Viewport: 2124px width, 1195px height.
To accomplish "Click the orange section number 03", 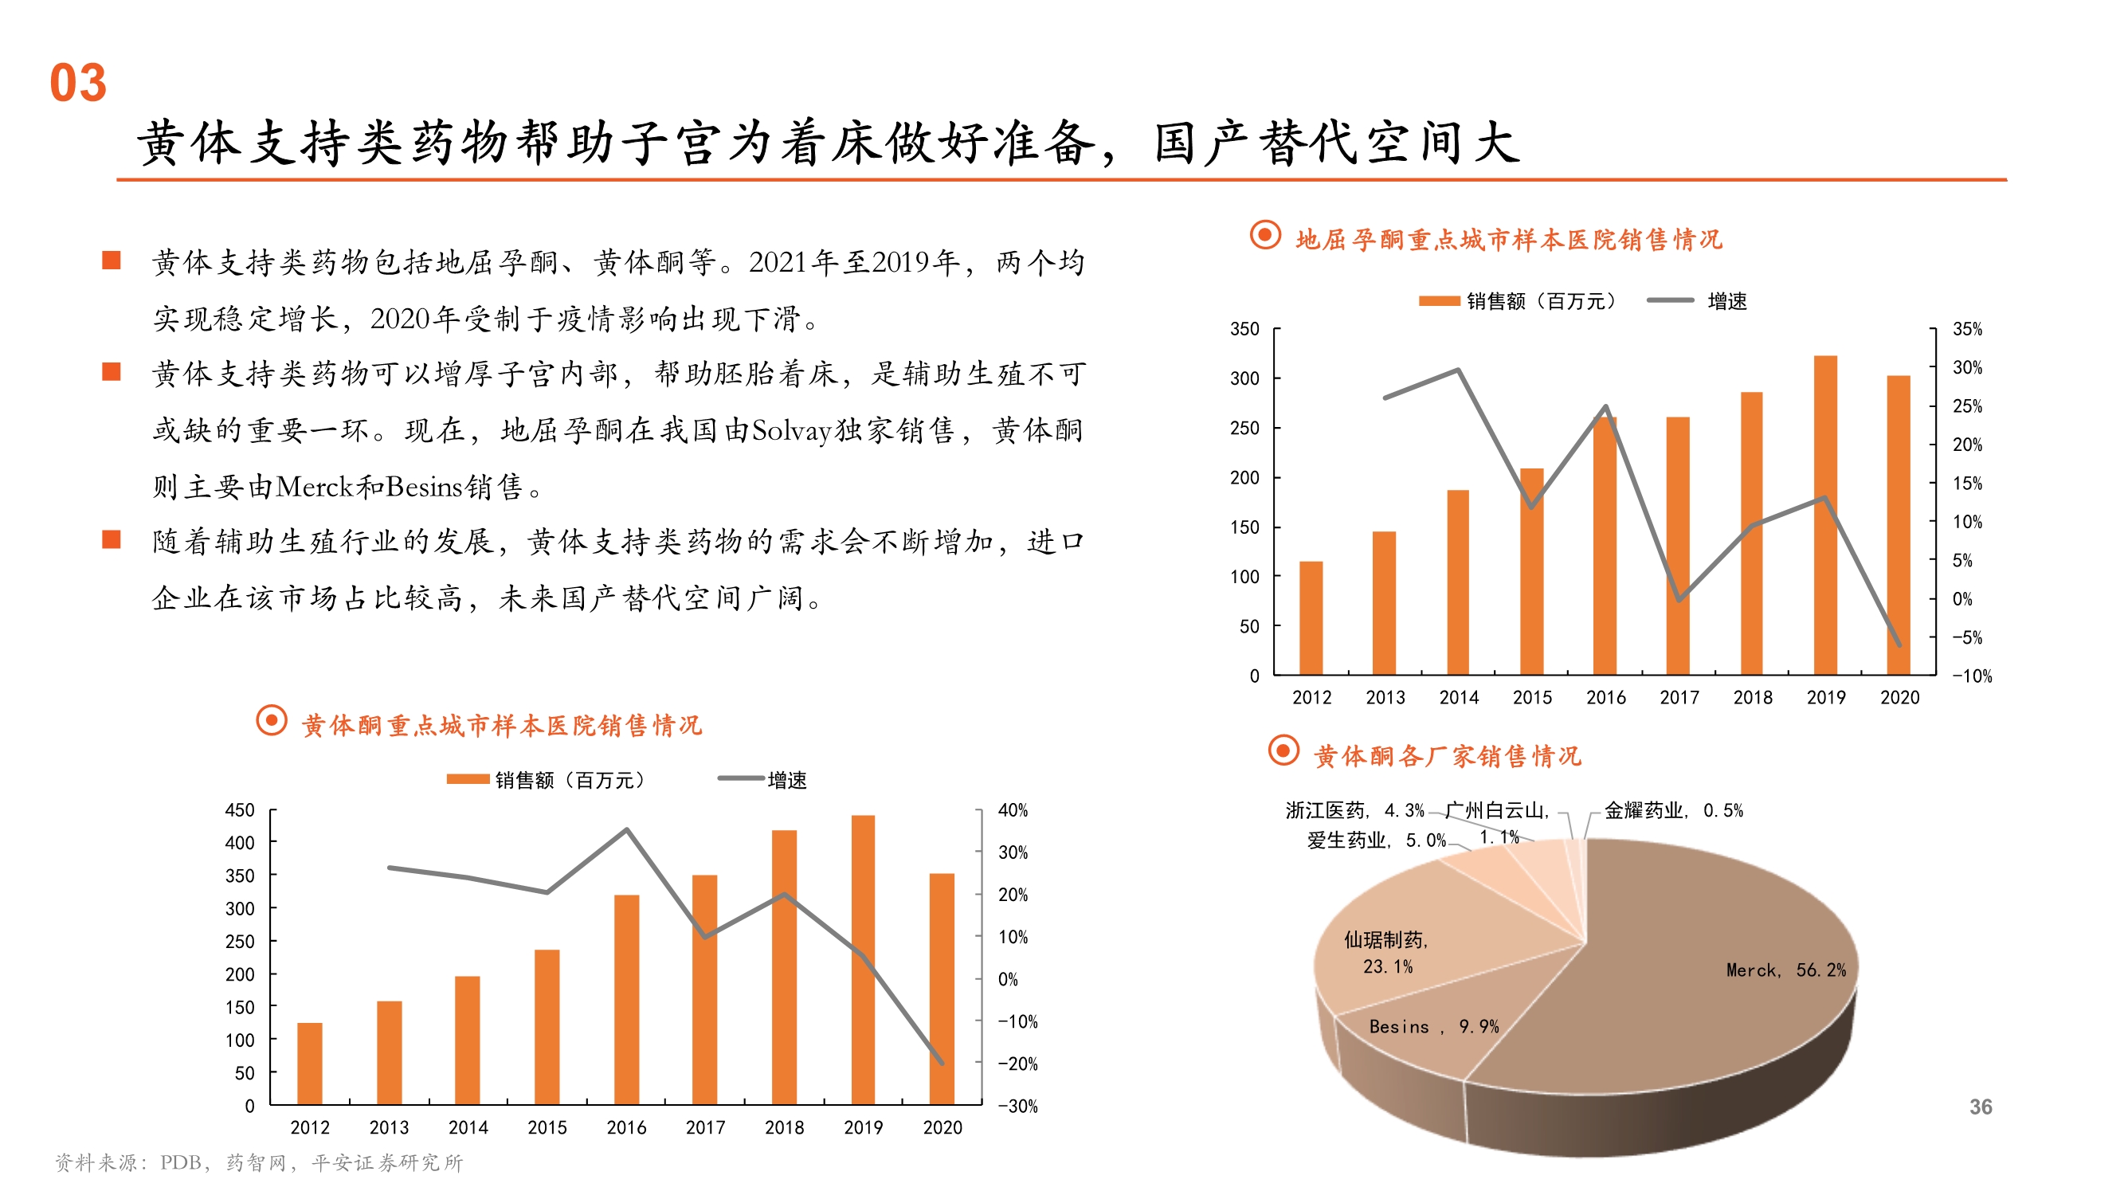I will pyautogui.click(x=78, y=84).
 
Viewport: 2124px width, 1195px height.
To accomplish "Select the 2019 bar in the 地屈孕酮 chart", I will pyautogui.click(x=1824, y=515).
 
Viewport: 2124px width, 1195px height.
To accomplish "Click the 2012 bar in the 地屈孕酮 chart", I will pyautogui.click(x=1311, y=617).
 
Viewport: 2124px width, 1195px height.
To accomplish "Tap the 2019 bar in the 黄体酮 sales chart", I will pyautogui.click(x=863, y=960).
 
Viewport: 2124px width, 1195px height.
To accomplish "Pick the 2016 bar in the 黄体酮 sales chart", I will pyautogui.click(x=626, y=1000).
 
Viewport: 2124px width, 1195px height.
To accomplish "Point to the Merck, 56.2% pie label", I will pyautogui.click(x=1785, y=970).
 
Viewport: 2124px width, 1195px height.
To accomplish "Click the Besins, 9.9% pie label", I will pyautogui.click(x=1433, y=1027).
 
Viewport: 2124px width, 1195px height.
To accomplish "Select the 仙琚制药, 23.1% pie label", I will pyautogui.click(x=1386, y=953).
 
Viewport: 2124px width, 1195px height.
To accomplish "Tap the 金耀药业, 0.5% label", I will pyautogui.click(x=1673, y=811).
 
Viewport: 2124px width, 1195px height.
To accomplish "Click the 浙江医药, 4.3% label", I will pyautogui.click(x=1354, y=811).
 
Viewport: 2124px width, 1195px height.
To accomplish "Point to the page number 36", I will pyautogui.click(x=1981, y=1107).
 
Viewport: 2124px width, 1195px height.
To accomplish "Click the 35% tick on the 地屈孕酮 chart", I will pyautogui.click(x=1966, y=329).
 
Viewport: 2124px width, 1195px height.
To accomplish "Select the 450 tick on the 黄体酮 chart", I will pyautogui.click(x=240, y=810).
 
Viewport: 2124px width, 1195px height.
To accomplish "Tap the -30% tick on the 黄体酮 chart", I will pyautogui.click(x=1017, y=1107).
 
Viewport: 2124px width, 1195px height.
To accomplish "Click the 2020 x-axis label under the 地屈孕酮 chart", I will pyautogui.click(x=1899, y=698).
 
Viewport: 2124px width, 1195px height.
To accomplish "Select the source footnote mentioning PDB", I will pyautogui.click(x=259, y=1163).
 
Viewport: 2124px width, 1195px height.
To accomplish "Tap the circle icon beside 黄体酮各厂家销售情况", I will pyautogui.click(x=1283, y=751).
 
